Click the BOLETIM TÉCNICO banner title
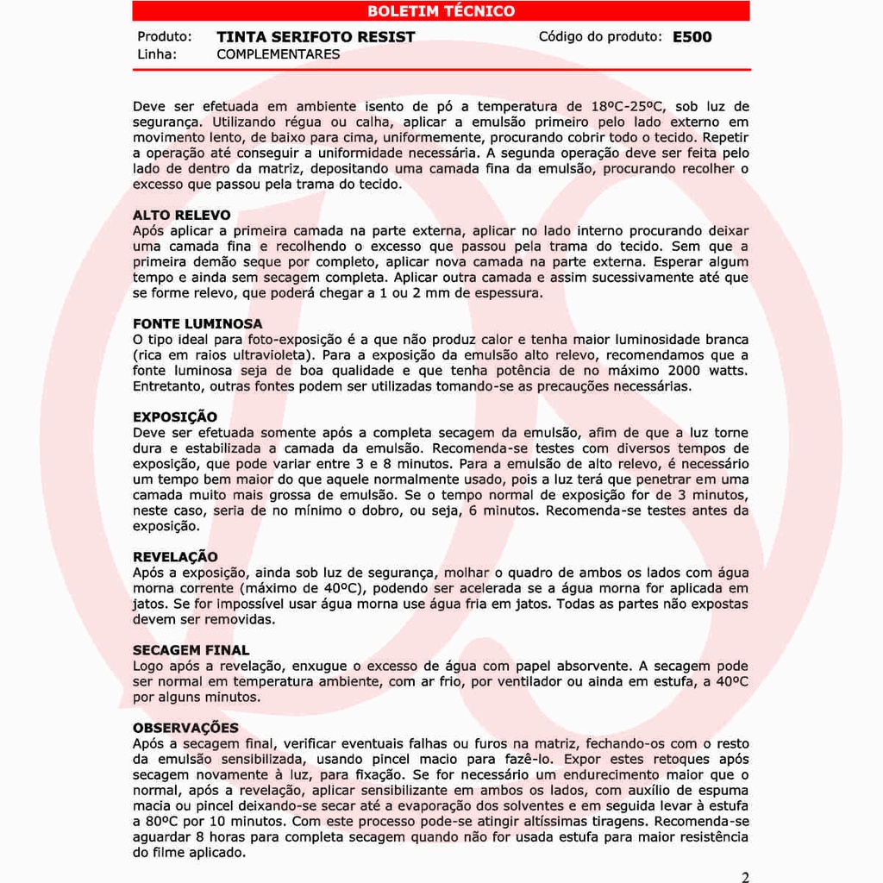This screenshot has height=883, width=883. click(441, 11)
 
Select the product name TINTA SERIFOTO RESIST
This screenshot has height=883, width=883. click(316, 37)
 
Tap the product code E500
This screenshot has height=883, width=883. click(692, 37)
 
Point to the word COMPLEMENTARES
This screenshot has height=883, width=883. click(278, 54)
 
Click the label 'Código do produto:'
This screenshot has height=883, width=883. click(600, 37)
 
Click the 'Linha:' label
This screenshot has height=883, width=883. click(157, 54)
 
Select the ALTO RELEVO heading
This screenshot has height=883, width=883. click(182, 215)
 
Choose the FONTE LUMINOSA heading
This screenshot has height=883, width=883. click(197, 324)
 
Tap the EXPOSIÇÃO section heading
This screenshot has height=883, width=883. click(175, 417)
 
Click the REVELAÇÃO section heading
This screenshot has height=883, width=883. click(175, 557)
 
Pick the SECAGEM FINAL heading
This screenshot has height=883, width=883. click(191, 650)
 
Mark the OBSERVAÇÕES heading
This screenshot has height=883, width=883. click(185, 728)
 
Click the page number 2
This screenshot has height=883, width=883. click(745, 877)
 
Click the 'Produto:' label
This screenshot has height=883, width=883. click(164, 37)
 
